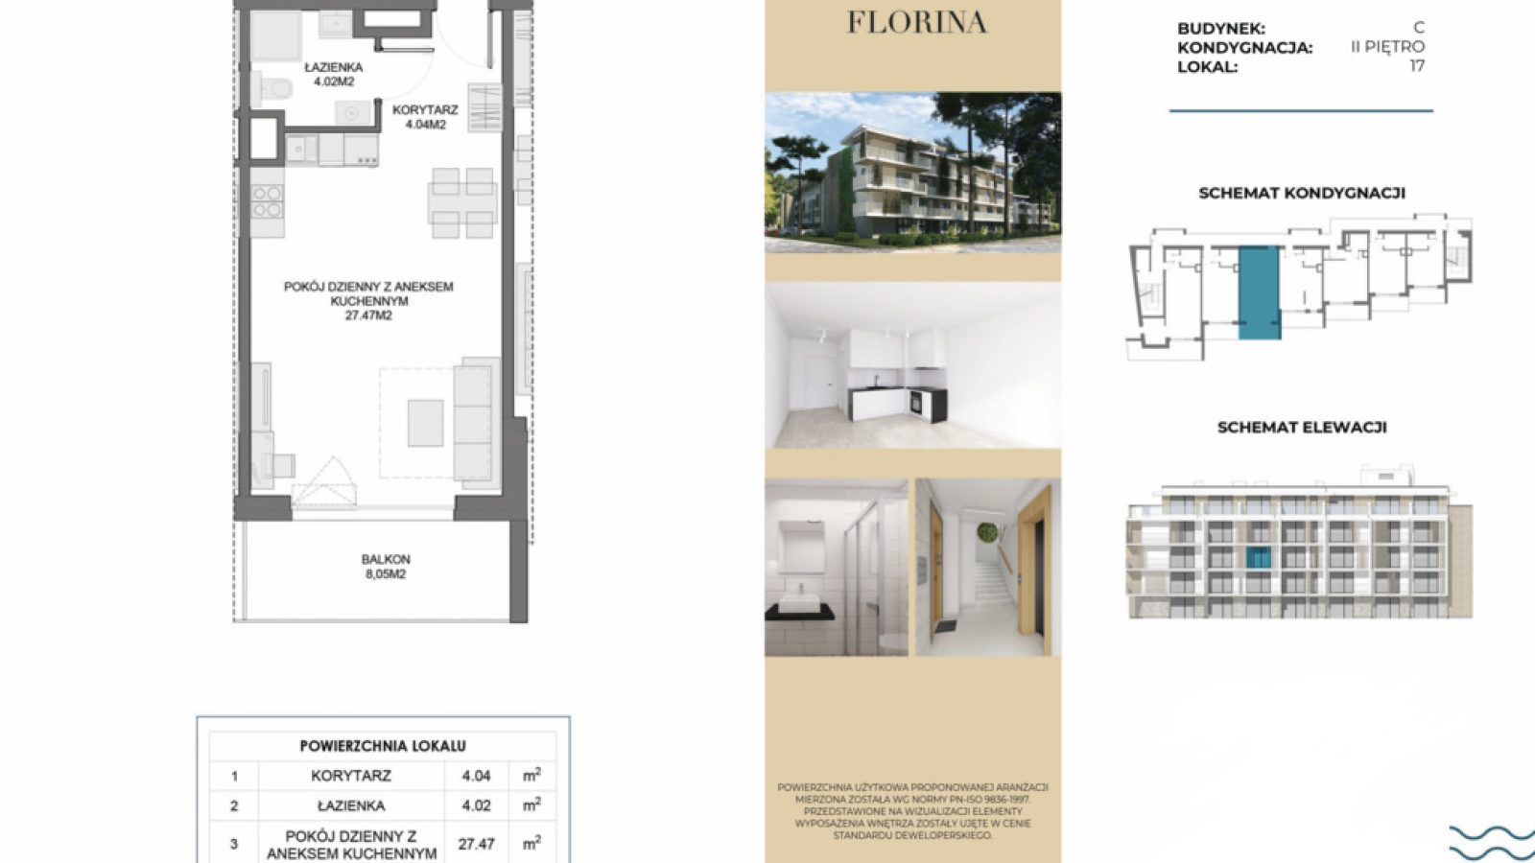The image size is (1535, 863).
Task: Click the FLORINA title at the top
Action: click(917, 23)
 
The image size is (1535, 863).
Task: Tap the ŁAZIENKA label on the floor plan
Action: click(334, 68)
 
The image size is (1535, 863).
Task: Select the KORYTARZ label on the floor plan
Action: click(425, 109)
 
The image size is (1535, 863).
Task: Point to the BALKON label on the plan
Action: click(386, 559)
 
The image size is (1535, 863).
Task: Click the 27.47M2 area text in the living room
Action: click(368, 315)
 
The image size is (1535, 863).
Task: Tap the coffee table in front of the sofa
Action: click(426, 423)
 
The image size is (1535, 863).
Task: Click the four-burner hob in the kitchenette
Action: click(267, 201)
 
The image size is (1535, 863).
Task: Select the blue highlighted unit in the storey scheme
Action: click(1259, 292)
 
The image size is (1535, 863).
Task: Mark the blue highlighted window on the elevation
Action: click(1258, 557)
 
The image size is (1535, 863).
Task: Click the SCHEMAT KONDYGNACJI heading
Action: click(1302, 193)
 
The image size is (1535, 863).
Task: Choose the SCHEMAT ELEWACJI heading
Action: click(1302, 428)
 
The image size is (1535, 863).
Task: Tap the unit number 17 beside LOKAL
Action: click(1417, 66)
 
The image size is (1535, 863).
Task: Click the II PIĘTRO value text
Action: click(1387, 47)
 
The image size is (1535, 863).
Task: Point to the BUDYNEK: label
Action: click(1221, 29)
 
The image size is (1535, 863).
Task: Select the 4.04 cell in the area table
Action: click(476, 776)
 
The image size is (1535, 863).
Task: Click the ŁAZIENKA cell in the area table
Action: click(351, 806)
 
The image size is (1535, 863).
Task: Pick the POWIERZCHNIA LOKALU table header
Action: click(383, 746)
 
